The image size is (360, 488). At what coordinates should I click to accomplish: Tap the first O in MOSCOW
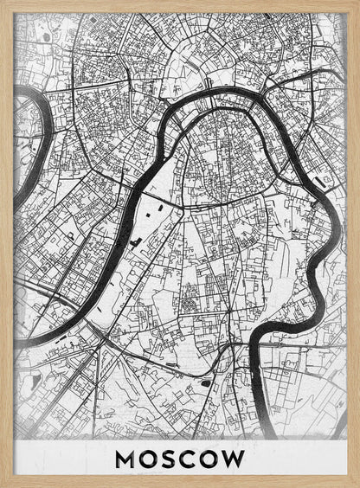pyautogui.click(x=148, y=459)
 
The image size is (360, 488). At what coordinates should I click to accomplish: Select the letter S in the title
pyautogui.click(x=169, y=459)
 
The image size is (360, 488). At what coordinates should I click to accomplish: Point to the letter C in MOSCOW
pyautogui.click(x=189, y=459)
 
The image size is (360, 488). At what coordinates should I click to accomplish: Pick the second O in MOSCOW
pyautogui.click(x=210, y=459)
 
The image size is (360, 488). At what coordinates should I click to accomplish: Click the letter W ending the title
pyautogui.click(x=235, y=459)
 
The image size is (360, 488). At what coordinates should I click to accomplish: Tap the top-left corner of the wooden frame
pyautogui.click(x=3, y=3)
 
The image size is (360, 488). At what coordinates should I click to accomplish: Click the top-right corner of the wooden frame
pyautogui.click(x=357, y=3)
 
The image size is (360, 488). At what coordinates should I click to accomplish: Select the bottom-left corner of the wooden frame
pyautogui.click(x=3, y=485)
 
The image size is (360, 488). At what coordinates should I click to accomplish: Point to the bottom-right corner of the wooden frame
pyautogui.click(x=357, y=485)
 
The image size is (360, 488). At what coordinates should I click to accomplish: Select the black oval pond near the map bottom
pyautogui.click(x=206, y=382)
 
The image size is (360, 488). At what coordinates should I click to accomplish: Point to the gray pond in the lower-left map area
pyautogui.click(x=34, y=381)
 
